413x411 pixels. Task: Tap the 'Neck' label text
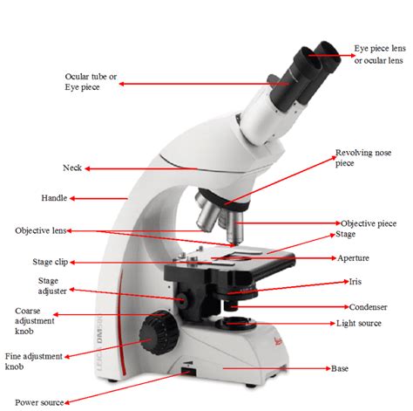(x=71, y=168)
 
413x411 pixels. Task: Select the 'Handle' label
(x=54, y=198)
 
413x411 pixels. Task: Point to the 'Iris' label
(x=355, y=282)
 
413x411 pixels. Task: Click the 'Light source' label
(x=359, y=323)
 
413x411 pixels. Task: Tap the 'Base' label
(x=339, y=369)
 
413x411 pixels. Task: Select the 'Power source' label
(x=39, y=402)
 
